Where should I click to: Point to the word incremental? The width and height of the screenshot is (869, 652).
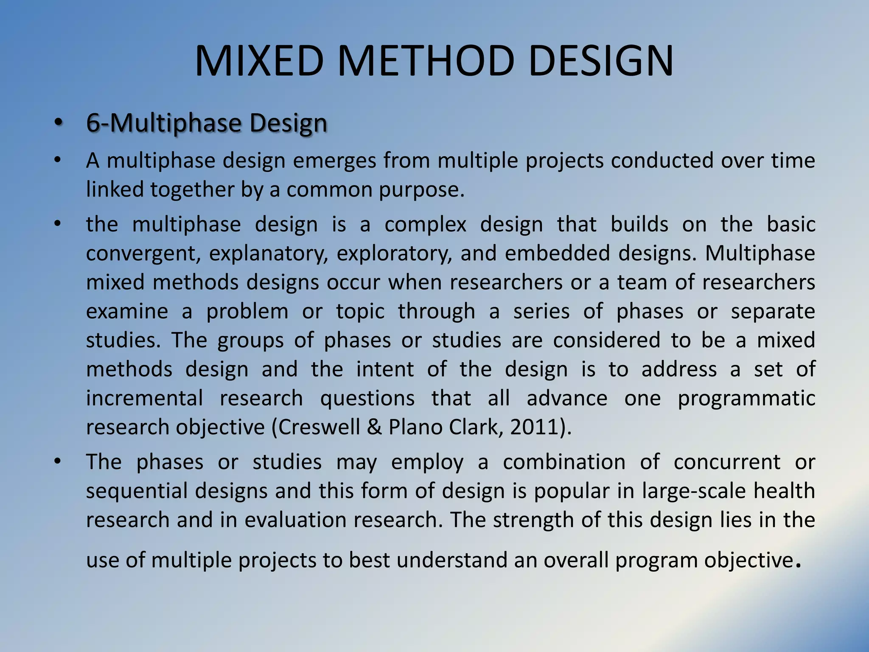point(145,398)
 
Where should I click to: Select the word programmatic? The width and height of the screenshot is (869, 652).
point(746,398)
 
